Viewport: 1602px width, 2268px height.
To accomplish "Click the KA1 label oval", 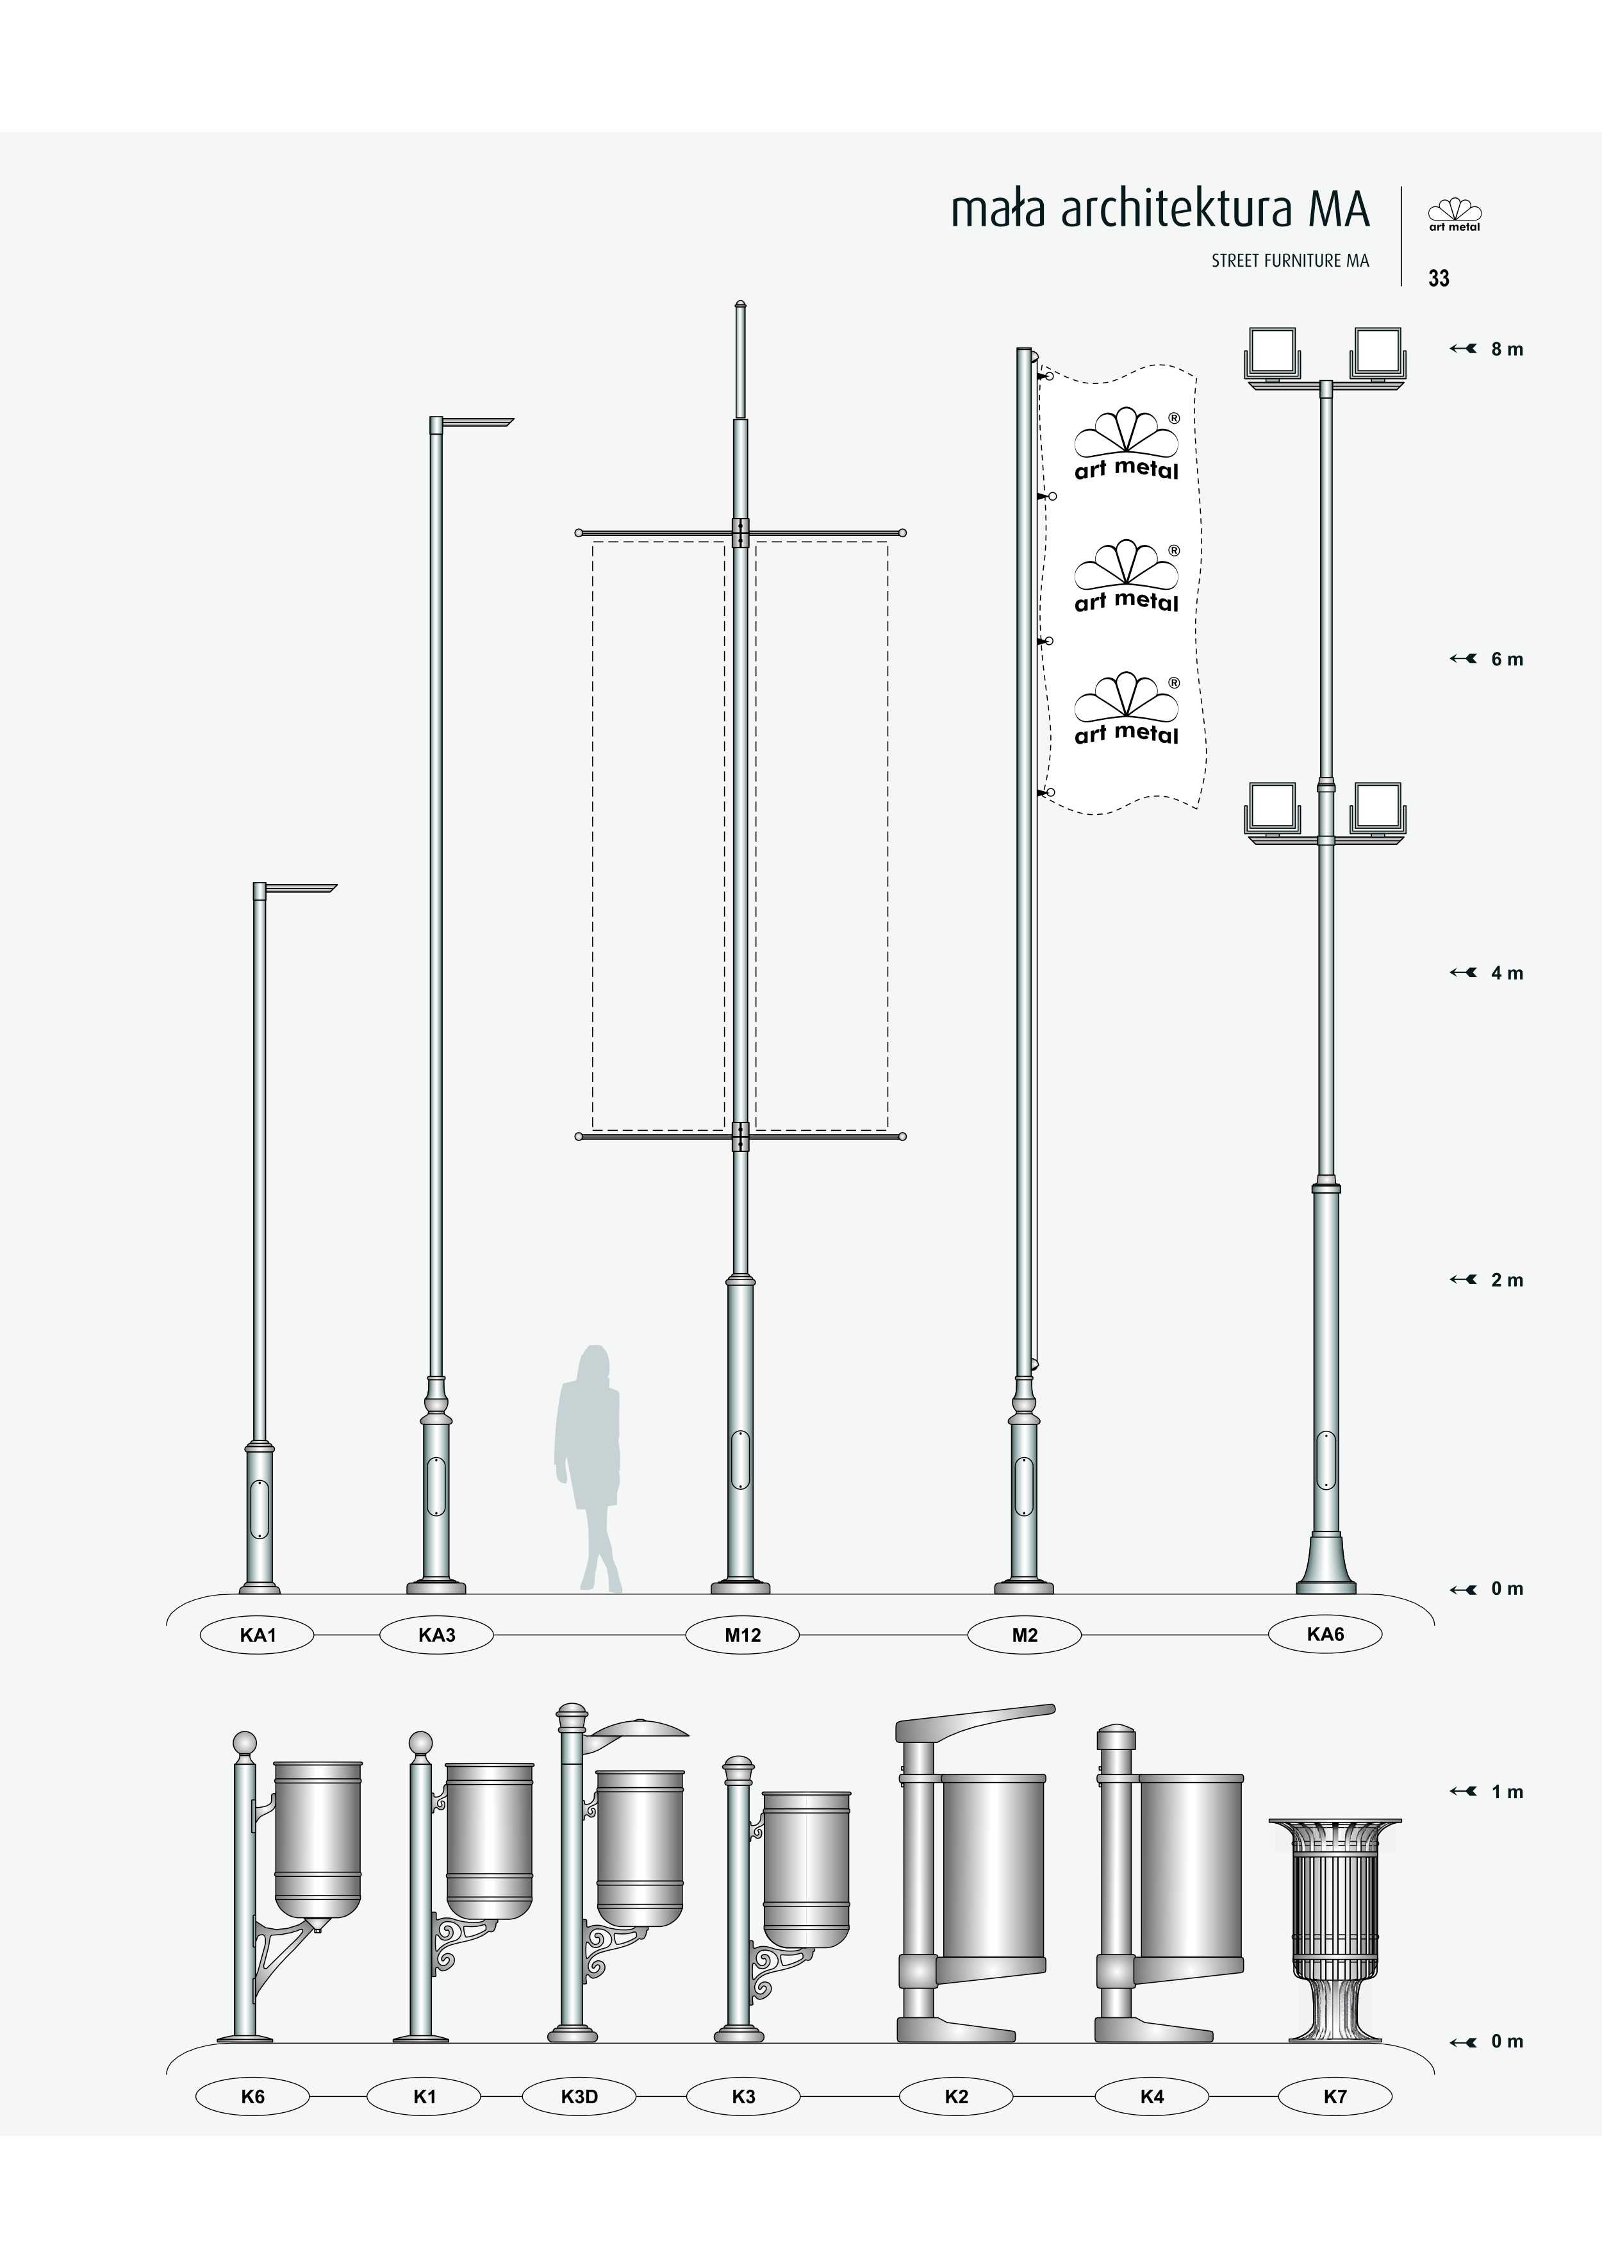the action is coord(257,1635).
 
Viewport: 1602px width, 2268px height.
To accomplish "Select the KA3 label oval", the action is coord(436,1635).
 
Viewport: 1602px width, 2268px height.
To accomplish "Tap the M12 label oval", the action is coord(743,1635).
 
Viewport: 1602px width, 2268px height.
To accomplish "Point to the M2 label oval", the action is coord(1024,1635).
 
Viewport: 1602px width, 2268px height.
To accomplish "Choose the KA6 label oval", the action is coord(1325,1634).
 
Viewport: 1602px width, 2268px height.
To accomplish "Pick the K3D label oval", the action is coord(579,2096).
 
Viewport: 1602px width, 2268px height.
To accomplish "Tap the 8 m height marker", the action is coord(1487,349).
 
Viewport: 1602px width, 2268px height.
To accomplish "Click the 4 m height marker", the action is coord(1487,973).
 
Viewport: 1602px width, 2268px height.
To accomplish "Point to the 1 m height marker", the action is coord(1487,1792).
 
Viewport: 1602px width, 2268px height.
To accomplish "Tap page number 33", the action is coord(1439,279).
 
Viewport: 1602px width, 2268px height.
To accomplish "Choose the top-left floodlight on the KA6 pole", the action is coord(1273,353).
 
